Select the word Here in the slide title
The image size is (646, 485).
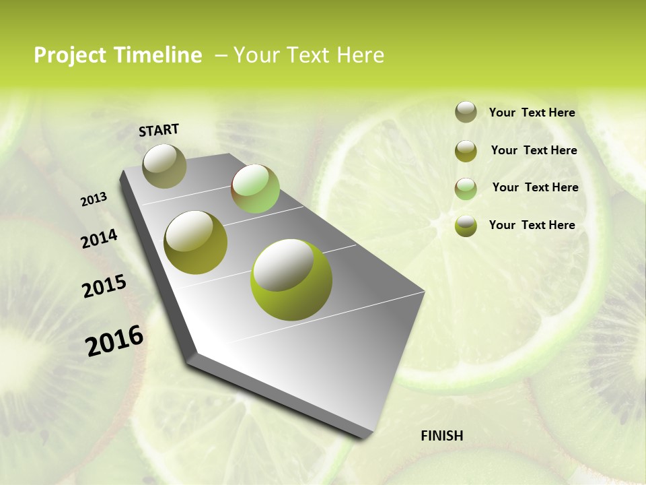click(x=360, y=55)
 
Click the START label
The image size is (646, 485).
click(x=159, y=130)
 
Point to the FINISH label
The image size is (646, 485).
click(x=442, y=436)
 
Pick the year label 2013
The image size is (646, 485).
click(x=94, y=199)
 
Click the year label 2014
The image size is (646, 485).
click(x=99, y=238)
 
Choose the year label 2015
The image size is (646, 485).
click(x=104, y=286)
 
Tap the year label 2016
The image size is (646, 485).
click(x=114, y=340)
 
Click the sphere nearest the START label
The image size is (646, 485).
click(x=165, y=166)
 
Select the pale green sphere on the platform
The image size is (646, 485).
click(x=255, y=189)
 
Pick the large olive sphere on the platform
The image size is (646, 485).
click(x=196, y=243)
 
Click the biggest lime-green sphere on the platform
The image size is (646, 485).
click(x=291, y=280)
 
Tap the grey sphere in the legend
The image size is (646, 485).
click(x=466, y=112)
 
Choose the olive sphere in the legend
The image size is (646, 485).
click(x=466, y=151)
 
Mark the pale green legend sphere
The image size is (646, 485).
click(x=466, y=189)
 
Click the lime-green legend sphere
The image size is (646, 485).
click(x=466, y=226)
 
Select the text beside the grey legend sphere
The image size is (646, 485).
click(x=532, y=112)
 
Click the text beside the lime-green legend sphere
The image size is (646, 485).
click(x=532, y=225)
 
